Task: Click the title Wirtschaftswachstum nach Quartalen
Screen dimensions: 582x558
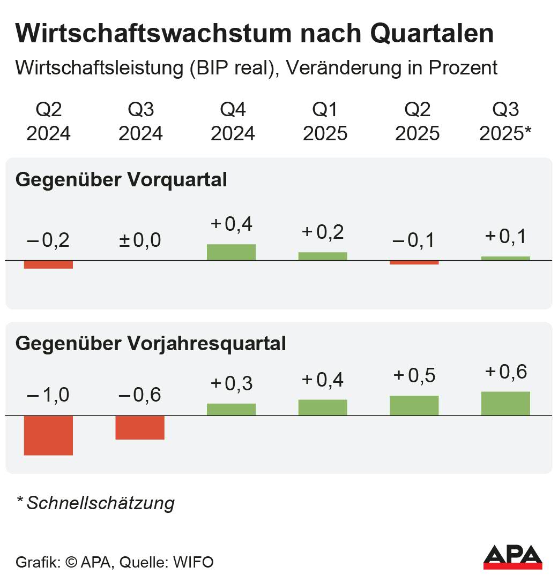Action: tap(255, 34)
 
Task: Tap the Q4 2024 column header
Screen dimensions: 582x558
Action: tap(233, 122)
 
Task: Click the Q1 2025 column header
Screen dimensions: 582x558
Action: tap(325, 122)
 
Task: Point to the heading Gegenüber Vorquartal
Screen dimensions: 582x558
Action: tap(121, 180)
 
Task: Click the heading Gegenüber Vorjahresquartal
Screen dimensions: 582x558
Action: tap(151, 343)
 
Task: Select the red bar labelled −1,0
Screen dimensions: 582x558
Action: tap(48, 435)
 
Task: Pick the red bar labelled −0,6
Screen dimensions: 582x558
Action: tap(140, 427)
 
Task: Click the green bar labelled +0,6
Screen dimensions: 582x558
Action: tap(505, 403)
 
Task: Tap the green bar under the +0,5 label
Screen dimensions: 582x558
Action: tap(414, 405)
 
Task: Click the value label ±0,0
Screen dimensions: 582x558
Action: tap(140, 240)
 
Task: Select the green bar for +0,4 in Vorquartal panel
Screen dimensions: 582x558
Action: tap(231, 252)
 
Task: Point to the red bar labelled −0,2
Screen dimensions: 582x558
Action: tap(48, 264)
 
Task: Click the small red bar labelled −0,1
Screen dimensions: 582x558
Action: tap(414, 263)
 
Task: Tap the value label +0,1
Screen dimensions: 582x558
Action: tap(505, 236)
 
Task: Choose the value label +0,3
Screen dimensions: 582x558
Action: tap(231, 383)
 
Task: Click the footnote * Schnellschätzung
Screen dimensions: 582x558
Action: tap(95, 503)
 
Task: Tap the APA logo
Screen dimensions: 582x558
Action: tap(512, 557)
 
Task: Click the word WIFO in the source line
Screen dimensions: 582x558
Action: tap(193, 563)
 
